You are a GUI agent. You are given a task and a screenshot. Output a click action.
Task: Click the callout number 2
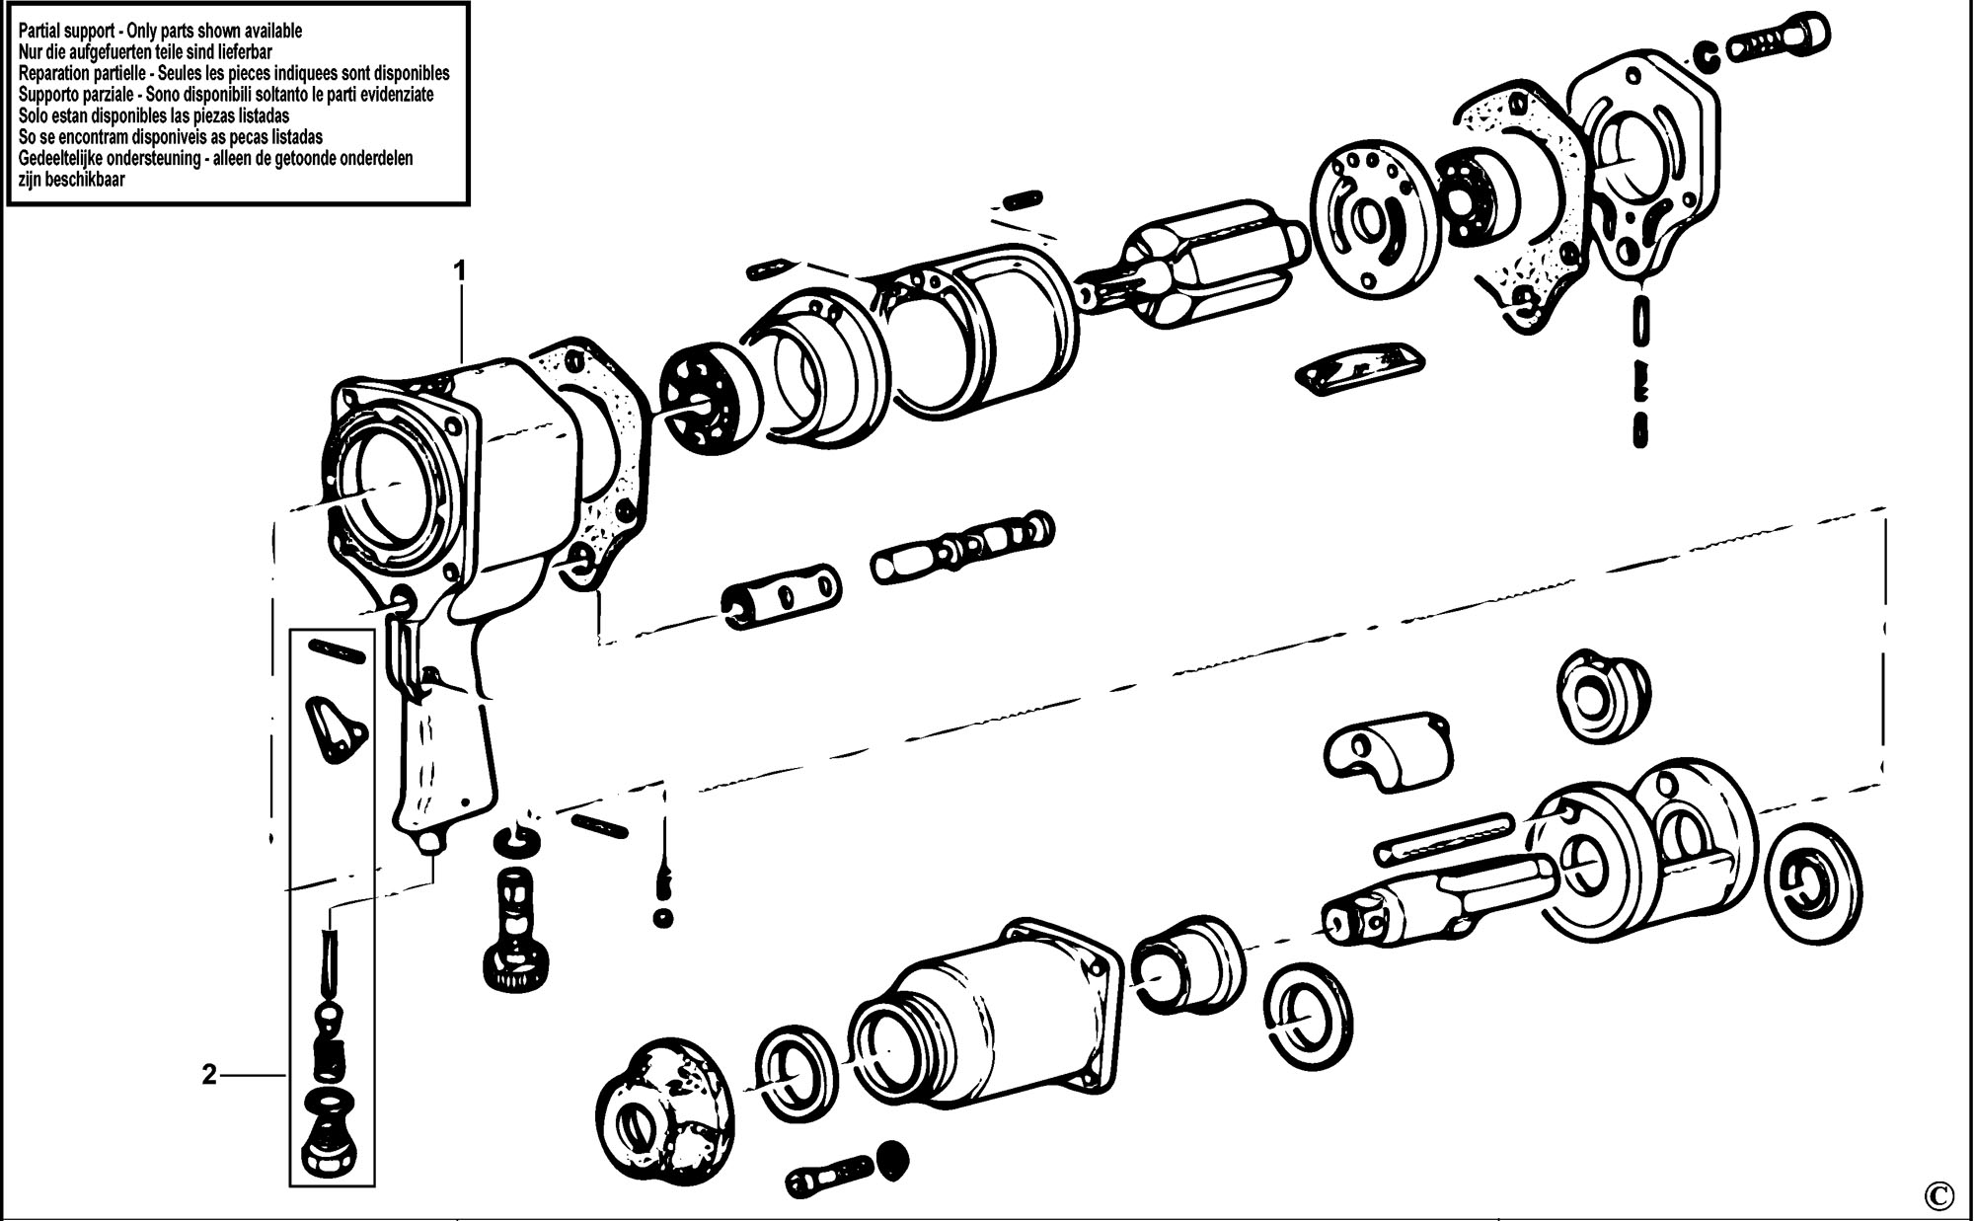209,1075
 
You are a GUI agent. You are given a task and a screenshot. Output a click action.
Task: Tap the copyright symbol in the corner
1936,1195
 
